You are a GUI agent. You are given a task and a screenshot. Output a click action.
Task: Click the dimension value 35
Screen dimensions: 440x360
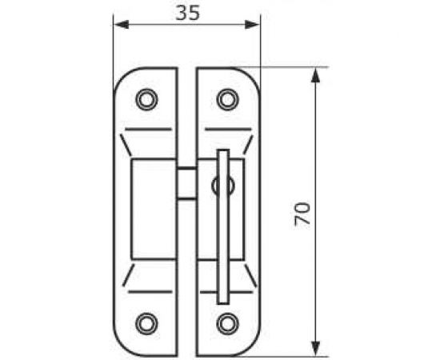click(x=188, y=13)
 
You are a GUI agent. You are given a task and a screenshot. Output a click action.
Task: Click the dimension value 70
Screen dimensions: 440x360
click(x=302, y=214)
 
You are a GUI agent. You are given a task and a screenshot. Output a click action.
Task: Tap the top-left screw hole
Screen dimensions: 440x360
click(x=146, y=99)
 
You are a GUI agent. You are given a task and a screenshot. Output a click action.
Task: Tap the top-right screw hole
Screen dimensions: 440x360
click(x=227, y=99)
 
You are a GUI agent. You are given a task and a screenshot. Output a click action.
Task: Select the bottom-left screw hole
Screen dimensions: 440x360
click(x=146, y=324)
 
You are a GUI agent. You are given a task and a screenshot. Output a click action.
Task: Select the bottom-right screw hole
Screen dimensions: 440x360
click(x=227, y=324)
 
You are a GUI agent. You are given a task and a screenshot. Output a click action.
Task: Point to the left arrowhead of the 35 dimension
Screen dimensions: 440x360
click(x=122, y=25)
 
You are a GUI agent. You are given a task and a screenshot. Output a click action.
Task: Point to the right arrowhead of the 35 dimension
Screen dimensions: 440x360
click(x=252, y=25)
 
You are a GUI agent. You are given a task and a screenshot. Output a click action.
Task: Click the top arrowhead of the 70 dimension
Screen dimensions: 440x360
click(x=315, y=75)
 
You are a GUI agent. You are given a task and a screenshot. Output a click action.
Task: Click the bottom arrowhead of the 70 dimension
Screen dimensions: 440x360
click(x=315, y=349)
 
